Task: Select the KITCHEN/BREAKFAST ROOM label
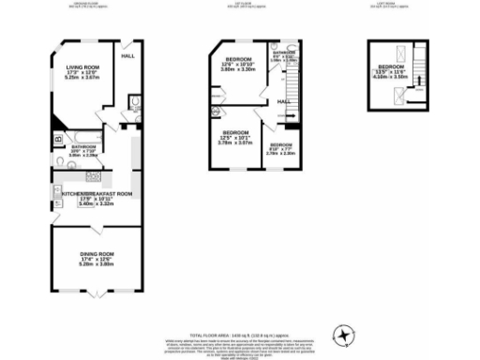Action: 92,195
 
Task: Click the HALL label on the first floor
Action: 281,101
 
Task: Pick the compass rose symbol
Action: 346,333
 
